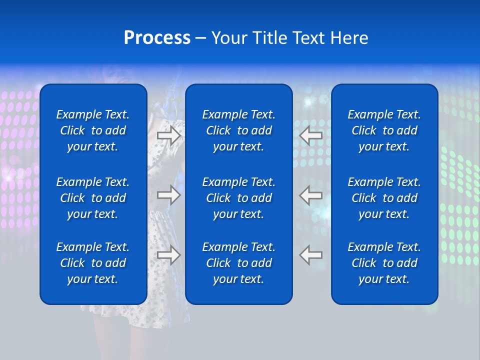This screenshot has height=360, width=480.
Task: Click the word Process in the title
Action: (157, 38)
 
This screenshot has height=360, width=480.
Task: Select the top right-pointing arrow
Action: (169, 135)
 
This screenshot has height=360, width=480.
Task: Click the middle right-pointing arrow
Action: (169, 195)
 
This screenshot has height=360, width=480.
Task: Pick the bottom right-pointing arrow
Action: (169, 254)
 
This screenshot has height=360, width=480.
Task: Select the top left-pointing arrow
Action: (311, 135)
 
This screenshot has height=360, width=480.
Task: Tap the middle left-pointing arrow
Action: (311, 195)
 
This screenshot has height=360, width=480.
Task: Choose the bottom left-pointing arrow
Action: (311, 254)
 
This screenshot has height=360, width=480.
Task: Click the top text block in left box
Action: (93, 130)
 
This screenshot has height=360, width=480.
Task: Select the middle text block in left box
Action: (93, 198)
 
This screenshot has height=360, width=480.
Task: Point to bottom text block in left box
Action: (93, 263)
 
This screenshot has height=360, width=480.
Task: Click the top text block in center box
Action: (238, 130)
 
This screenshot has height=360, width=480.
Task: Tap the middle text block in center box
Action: (238, 198)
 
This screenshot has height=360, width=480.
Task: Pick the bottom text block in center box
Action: (238, 263)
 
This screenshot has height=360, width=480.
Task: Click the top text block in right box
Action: (384, 130)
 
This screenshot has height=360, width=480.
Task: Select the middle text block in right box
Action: (384, 198)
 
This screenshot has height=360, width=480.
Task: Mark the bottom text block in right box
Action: (384, 263)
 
